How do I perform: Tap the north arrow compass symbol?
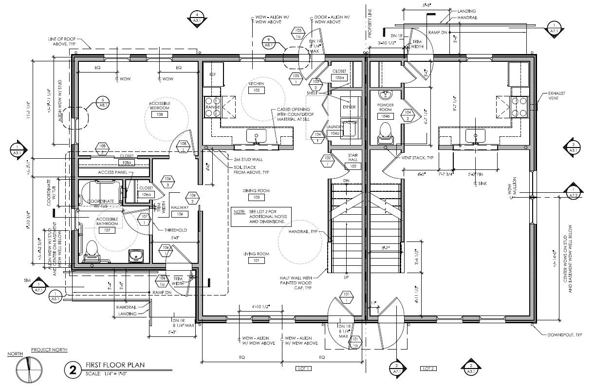point(29,370)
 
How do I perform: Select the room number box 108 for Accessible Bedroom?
point(159,114)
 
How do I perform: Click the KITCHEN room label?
point(256,84)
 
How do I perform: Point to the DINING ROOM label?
point(256,191)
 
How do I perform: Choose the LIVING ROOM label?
point(256,254)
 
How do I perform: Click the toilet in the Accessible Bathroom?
point(91,250)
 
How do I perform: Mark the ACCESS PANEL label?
point(112,172)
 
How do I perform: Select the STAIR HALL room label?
point(353,158)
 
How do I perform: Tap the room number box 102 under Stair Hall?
point(353,166)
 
